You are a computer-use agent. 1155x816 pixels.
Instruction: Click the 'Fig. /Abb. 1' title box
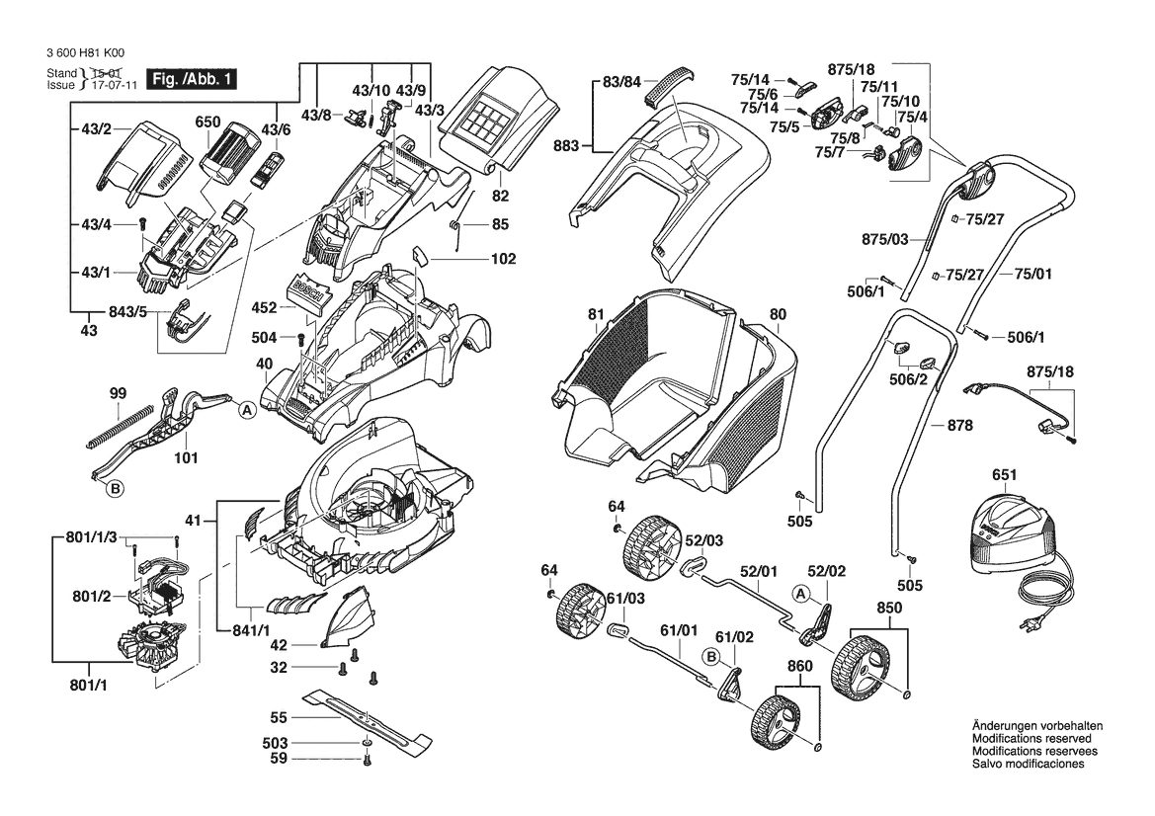pos(192,79)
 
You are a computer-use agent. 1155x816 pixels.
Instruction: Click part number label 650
pos(207,122)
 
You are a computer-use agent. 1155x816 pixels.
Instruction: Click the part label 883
pos(567,146)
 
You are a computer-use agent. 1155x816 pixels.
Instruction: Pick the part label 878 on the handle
pos(959,426)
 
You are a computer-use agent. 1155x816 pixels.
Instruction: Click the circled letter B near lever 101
pos(115,489)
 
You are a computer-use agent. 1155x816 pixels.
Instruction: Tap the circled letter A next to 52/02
pos(801,594)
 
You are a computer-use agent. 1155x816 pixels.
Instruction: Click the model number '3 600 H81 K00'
pos(85,53)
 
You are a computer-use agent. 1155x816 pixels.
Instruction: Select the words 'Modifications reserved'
pos(1031,739)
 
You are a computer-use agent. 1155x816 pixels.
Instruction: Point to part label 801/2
pos(91,596)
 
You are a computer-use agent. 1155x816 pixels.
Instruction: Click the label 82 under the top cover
pos(500,196)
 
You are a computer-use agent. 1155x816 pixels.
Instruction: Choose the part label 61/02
pos(734,637)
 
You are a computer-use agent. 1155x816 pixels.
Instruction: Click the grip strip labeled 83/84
pos(670,85)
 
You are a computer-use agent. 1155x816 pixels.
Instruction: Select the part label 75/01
pos(1032,274)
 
